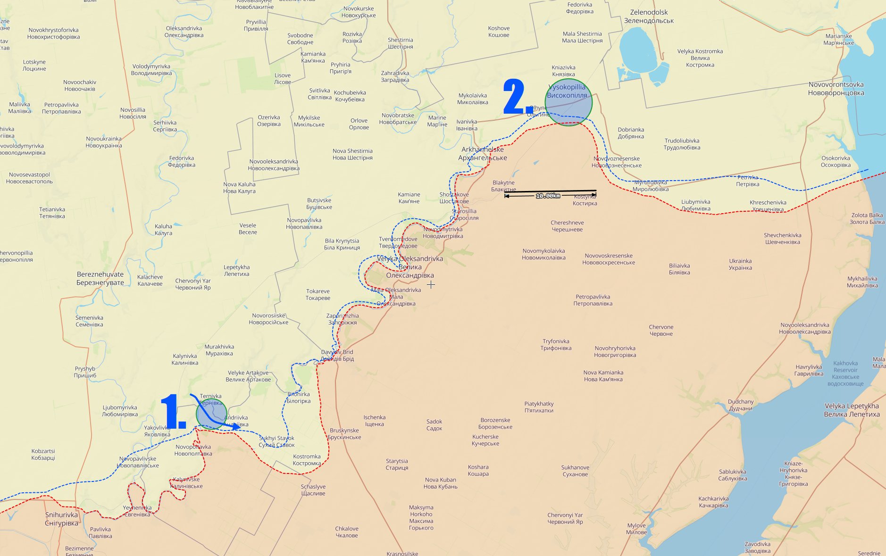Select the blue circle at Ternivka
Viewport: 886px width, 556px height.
pyautogui.click(x=211, y=413)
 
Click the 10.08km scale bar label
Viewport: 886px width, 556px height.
pyautogui.click(x=548, y=196)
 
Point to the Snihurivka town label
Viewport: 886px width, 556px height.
pyautogui.click(x=61, y=519)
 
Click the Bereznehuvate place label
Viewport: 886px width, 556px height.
pyautogui.click(x=100, y=278)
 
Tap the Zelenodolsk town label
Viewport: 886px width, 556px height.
pyautogui.click(x=649, y=17)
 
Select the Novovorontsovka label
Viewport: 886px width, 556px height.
pyautogui.click(x=836, y=89)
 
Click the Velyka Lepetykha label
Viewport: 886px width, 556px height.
pyautogui.click(x=852, y=410)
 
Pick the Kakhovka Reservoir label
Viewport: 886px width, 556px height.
pyautogui.click(x=845, y=373)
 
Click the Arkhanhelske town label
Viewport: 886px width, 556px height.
pyautogui.click(x=482, y=153)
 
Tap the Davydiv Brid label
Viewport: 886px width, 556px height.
pyautogui.click(x=337, y=355)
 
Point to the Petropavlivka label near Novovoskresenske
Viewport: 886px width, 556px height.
pyautogui.click(x=593, y=300)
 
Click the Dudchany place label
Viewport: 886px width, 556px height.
pyautogui.click(x=741, y=405)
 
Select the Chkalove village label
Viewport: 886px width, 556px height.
pyautogui.click(x=347, y=532)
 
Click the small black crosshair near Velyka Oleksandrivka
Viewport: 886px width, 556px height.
pyautogui.click(x=431, y=284)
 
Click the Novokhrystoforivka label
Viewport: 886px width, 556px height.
pyautogui.click(x=53, y=33)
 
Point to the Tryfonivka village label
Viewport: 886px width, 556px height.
pyautogui.click(x=556, y=344)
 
